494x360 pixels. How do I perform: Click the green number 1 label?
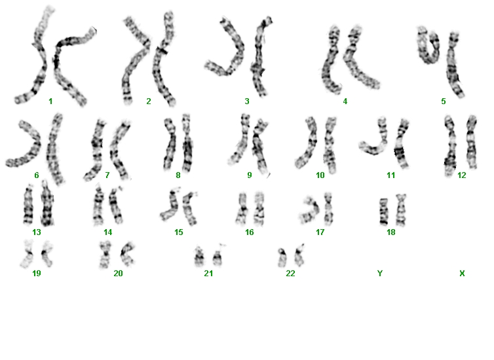(50, 101)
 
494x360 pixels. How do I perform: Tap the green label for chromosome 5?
(444, 101)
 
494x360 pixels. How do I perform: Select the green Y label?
(380, 274)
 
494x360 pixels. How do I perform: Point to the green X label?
(462, 274)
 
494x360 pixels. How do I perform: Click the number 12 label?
(461, 175)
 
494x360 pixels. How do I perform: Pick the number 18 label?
(391, 232)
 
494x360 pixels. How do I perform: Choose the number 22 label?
(290, 274)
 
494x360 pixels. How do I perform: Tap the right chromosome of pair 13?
(47, 204)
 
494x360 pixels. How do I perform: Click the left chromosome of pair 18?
(383, 211)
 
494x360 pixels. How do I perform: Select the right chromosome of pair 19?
(47, 253)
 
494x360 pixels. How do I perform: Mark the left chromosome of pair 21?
(199, 257)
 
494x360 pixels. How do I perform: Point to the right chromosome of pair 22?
(299, 255)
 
